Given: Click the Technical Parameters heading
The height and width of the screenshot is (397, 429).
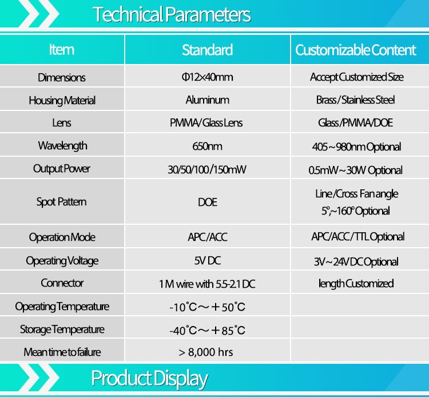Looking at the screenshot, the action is click(x=172, y=14).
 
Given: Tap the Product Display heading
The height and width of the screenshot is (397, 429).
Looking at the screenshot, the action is click(x=149, y=379).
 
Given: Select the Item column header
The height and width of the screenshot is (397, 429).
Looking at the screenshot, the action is click(x=62, y=50).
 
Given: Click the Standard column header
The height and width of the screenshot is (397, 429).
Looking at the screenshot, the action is click(x=208, y=50).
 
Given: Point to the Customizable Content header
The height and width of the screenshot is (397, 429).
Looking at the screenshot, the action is click(x=356, y=50).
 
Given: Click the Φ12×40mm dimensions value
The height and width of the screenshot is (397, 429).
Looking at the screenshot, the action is click(x=208, y=77).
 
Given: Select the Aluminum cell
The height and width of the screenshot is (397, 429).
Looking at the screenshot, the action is click(x=208, y=100).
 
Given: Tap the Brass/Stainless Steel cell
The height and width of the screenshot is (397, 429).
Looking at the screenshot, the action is click(x=355, y=100).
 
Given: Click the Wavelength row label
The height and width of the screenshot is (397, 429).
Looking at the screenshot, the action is click(x=63, y=146).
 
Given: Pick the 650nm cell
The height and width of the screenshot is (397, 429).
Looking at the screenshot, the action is click(x=207, y=146).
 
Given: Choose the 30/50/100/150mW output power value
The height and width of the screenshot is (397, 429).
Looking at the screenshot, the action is click(x=207, y=170).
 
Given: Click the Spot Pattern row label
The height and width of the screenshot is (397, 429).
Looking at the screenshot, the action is click(x=62, y=202).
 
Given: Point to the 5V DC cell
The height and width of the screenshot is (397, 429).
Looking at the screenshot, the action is click(x=208, y=260).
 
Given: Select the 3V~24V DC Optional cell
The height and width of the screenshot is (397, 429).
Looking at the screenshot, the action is click(x=356, y=262).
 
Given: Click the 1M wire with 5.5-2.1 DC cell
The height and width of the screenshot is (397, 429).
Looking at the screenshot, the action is click(x=207, y=284).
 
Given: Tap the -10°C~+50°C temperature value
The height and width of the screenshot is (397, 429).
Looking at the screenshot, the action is click(x=207, y=307).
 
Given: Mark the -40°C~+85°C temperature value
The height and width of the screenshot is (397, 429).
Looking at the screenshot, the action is click(x=207, y=330).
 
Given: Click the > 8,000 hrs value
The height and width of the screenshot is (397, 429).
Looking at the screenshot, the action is click(x=206, y=352).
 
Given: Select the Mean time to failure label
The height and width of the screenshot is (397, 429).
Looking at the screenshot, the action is click(x=62, y=352).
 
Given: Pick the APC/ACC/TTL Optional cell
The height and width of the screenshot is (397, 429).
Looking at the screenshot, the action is click(x=358, y=237).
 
